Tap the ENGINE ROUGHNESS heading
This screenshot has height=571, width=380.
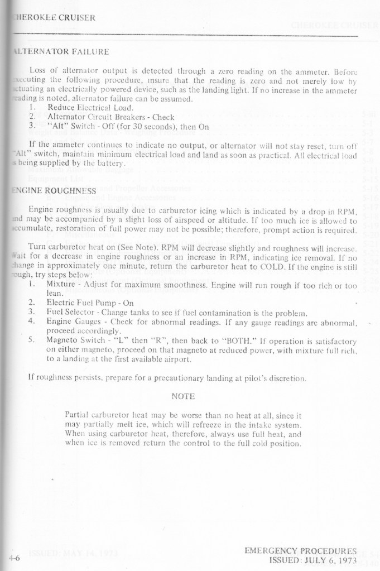(54, 190)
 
